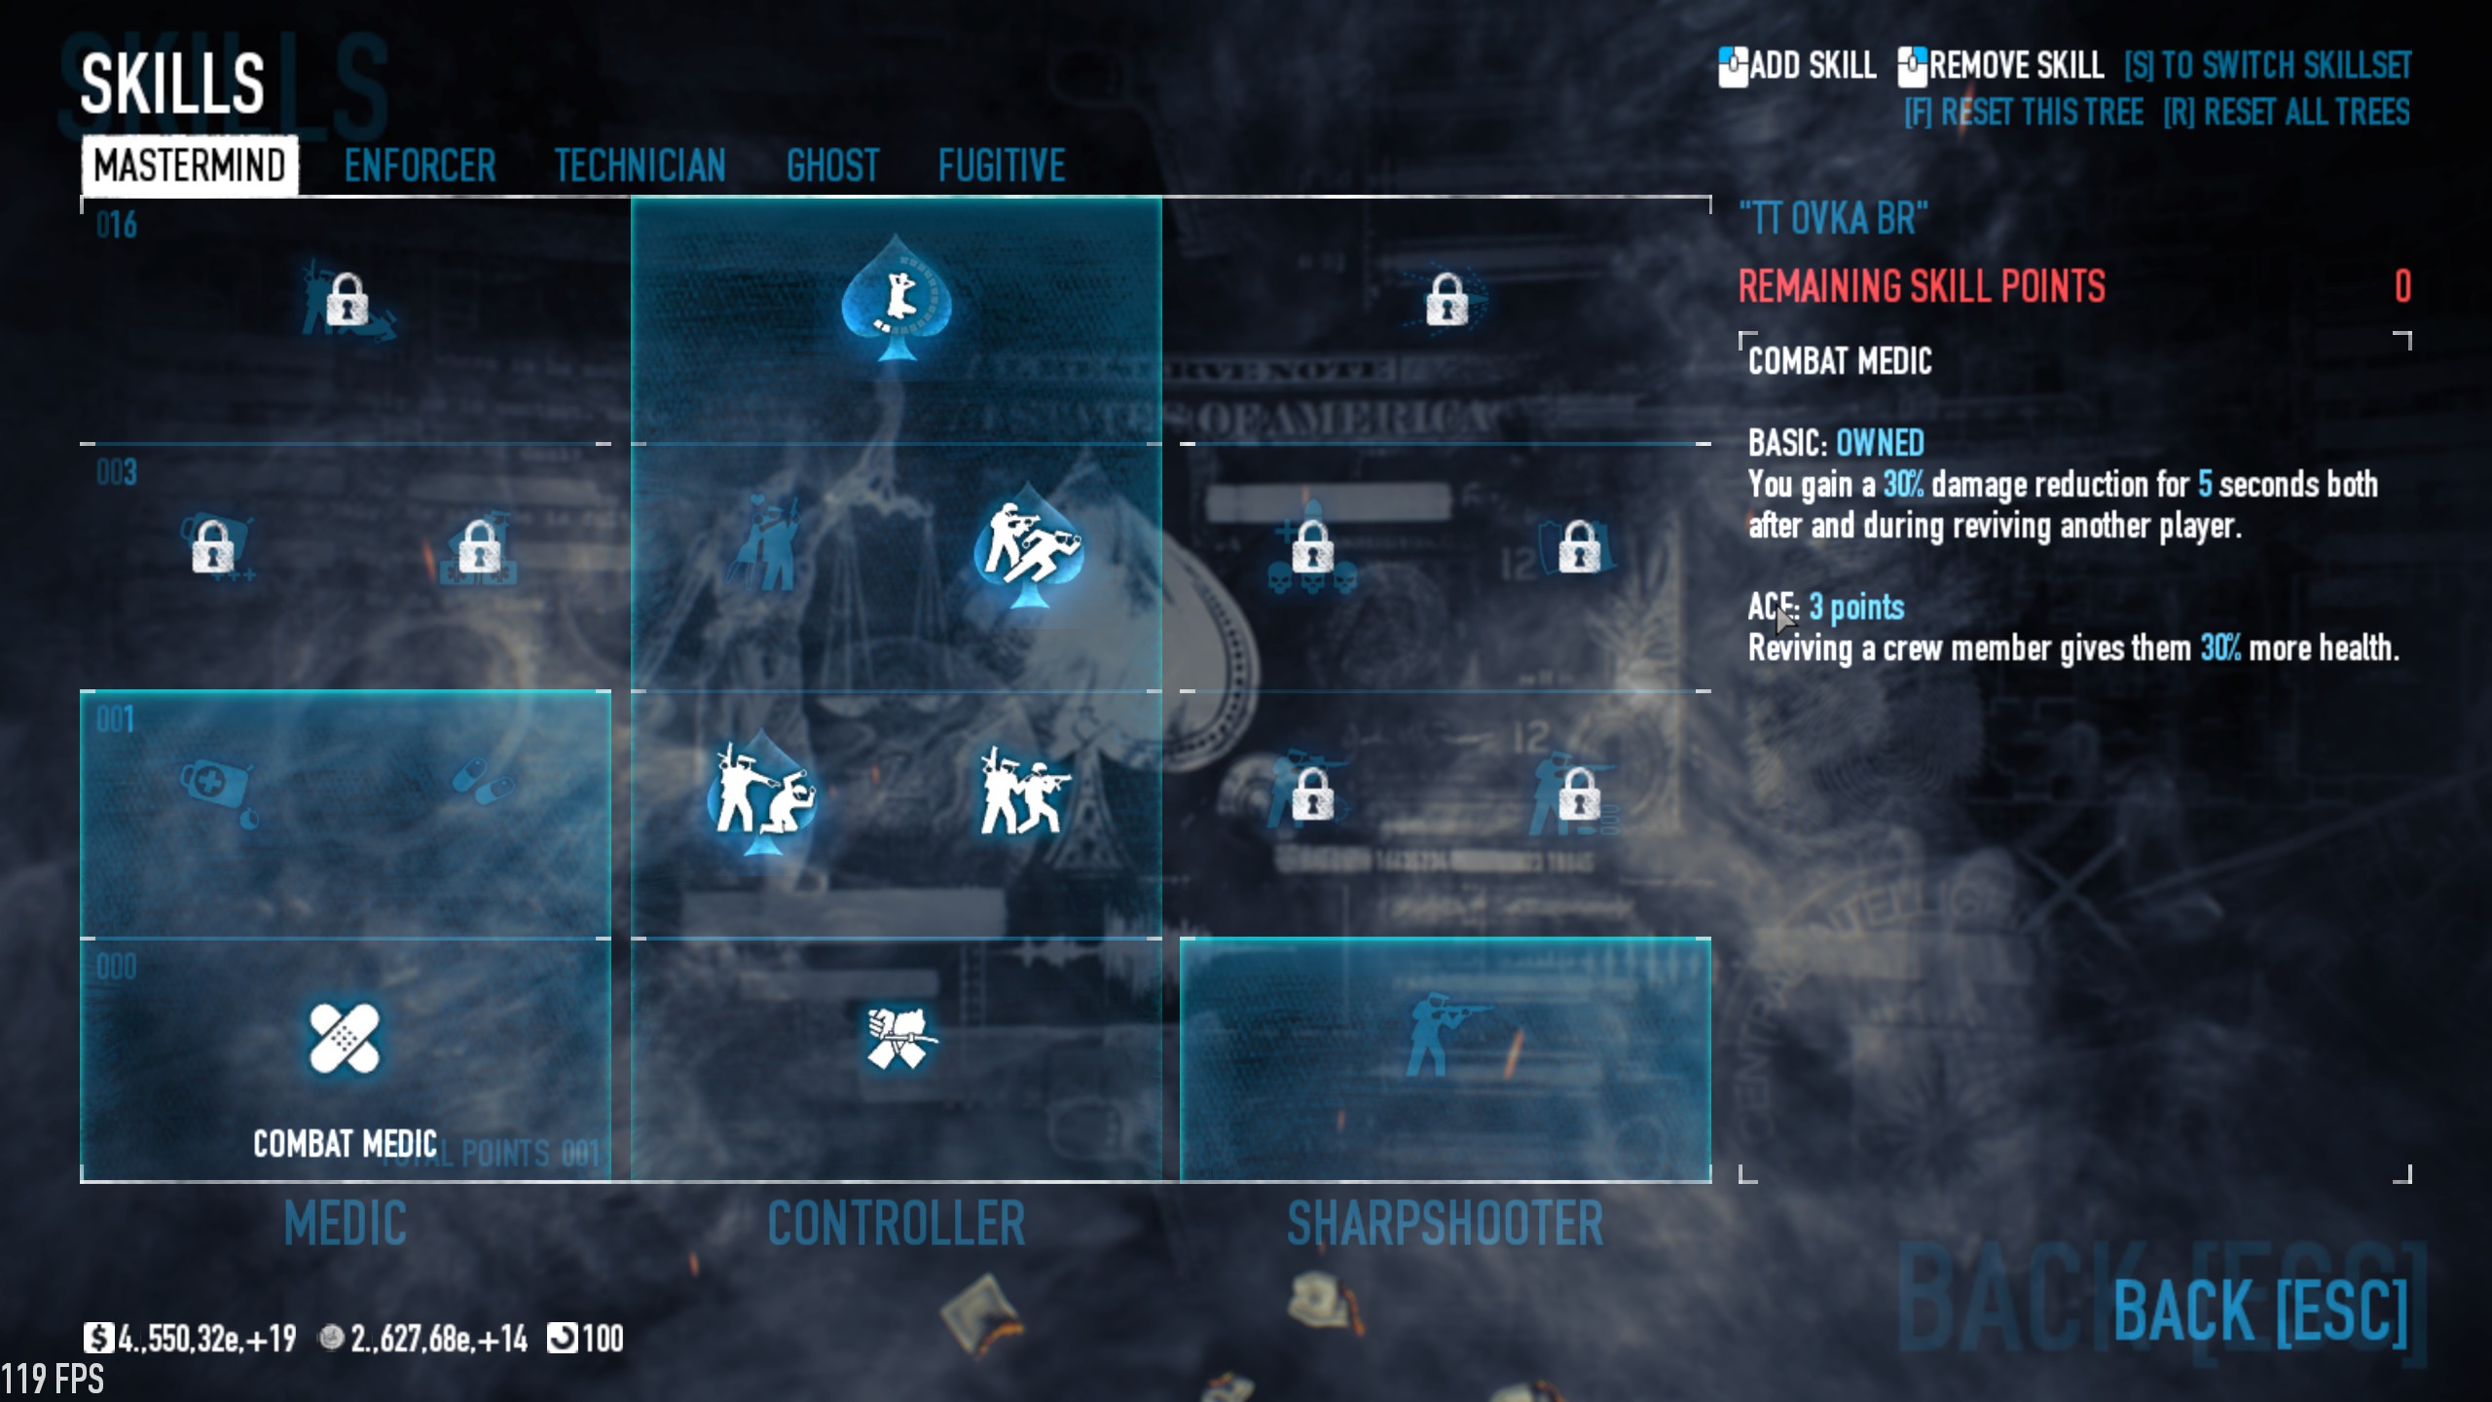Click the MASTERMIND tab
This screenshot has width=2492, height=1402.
pos(190,166)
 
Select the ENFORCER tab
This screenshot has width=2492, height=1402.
pos(420,166)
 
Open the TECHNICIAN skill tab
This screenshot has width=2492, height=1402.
pos(640,166)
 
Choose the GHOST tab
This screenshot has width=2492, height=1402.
pos(832,166)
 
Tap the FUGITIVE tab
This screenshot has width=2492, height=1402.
pos(1002,166)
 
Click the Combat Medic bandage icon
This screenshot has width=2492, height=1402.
pos(344,1038)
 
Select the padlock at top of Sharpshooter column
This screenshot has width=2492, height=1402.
pos(1446,299)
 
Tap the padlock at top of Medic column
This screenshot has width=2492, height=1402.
pos(347,299)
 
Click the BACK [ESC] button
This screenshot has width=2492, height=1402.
pos(2259,1310)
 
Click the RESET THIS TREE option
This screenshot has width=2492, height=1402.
pos(2024,113)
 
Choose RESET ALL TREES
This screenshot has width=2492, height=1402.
pos(2286,113)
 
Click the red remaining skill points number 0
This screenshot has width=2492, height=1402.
pos(2402,286)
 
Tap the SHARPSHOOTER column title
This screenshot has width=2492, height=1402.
pos(1445,1223)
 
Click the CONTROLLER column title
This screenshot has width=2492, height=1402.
pos(896,1223)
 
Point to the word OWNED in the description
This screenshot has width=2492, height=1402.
pos(1879,443)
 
